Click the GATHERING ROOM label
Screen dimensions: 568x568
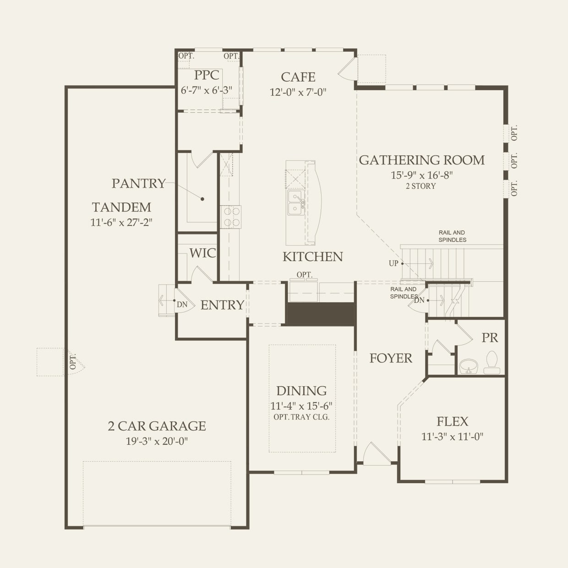421,160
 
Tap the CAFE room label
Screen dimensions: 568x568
298,77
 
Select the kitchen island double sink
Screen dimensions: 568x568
295,203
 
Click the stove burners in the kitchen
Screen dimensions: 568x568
231,217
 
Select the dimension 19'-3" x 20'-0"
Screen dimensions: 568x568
157,442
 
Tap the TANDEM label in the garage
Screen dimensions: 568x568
121,207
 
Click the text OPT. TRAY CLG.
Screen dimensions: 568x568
301,417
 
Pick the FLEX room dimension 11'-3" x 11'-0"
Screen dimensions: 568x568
452,437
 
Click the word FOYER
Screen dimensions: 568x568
391,358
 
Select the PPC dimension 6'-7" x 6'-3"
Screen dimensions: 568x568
207,90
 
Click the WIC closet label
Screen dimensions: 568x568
202,253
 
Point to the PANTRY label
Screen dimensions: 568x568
138,183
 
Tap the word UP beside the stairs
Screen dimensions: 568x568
393,263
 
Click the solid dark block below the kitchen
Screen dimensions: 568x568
321,314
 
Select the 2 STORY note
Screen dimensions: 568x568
421,186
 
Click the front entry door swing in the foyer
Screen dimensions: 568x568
372,453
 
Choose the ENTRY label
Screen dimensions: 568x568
222,305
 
